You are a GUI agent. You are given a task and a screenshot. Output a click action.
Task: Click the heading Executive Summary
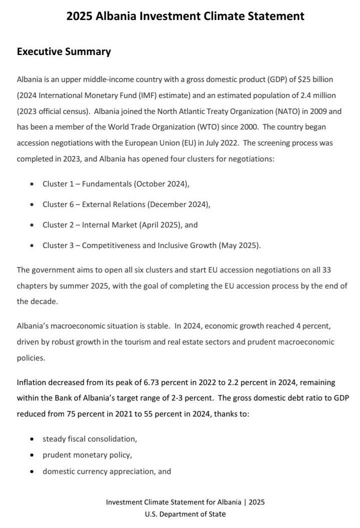[64, 51]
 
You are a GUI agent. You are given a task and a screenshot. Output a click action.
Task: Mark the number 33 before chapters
[326, 270]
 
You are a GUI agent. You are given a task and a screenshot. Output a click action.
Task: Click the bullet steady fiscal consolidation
[89, 439]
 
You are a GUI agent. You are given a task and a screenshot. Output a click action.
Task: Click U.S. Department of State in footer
[185, 514]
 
